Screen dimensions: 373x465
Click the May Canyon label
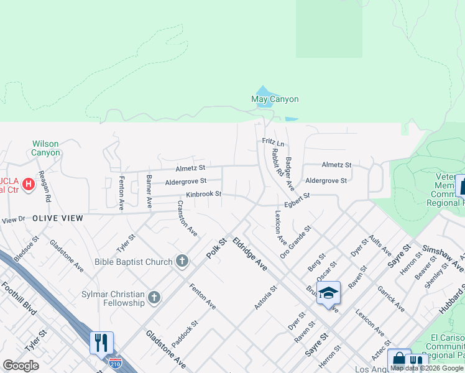coord(275,99)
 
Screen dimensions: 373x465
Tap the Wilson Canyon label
coord(46,148)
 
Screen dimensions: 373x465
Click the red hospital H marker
coord(28,184)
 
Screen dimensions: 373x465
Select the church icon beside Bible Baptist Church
coord(182,261)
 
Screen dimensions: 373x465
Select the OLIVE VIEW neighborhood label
coord(58,218)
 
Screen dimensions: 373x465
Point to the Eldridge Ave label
coord(250,254)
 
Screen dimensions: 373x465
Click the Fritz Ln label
coord(273,142)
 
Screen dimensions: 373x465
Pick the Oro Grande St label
coord(295,242)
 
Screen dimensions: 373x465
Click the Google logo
coord(21,365)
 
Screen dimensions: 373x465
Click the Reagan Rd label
coord(44,186)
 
